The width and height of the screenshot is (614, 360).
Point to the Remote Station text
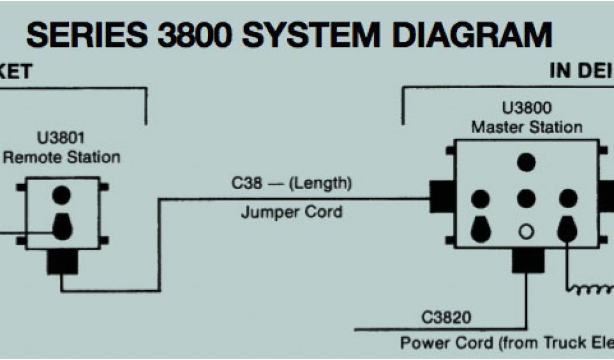click(x=62, y=157)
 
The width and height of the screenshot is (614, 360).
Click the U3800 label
click(x=526, y=109)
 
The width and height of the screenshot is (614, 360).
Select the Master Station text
click(x=526, y=127)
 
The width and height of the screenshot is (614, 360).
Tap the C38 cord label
click(x=246, y=184)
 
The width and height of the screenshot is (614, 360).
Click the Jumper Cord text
click(x=291, y=212)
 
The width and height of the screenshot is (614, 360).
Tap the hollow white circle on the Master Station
click(x=526, y=231)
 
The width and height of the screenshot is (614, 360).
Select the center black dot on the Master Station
click(x=526, y=198)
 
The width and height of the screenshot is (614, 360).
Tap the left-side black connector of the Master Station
click(x=441, y=197)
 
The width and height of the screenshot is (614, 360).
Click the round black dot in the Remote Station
click(x=62, y=195)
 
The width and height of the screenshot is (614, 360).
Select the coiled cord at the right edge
click(x=591, y=290)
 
